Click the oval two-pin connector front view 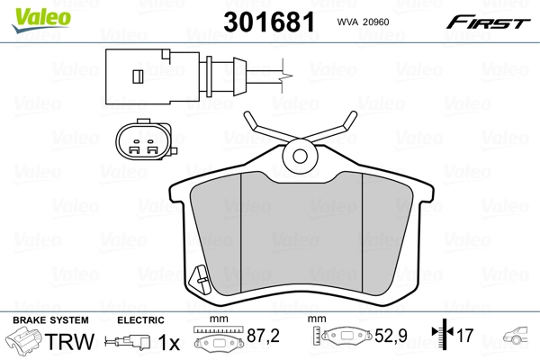[140, 142]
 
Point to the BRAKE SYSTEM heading [49, 320]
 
